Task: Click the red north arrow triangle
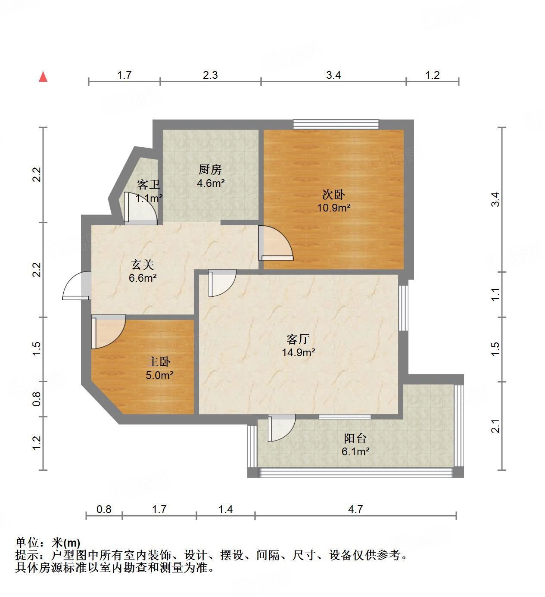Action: pyautogui.click(x=43, y=77)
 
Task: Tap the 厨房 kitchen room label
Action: pyautogui.click(x=210, y=170)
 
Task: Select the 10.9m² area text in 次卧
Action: pyautogui.click(x=334, y=208)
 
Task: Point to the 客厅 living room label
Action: pyautogui.click(x=298, y=339)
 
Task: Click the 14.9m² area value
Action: pyautogui.click(x=299, y=353)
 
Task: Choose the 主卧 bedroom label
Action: pyautogui.click(x=159, y=362)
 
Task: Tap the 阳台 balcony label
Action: pyautogui.click(x=355, y=438)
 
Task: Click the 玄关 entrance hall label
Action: pyautogui.click(x=143, y=264)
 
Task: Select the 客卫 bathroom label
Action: pyautogui.click(x=148, y=185)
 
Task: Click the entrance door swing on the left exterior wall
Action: pyautogui.click(x=76, y=286)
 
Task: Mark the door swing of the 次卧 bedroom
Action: pyautogui.click(x=276, y=244)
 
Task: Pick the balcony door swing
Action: pyautogui.click(x=281, y=428)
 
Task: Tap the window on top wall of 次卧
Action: pyautogui.click(x=336, y=124)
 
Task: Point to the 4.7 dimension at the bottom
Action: pyautogui.click(x=355, y=510)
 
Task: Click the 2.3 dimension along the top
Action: pyautogui.click(x=210, y=75)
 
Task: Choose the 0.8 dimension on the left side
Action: pyautogui.click(x=37, y=398)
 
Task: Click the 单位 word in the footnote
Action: pyautogui.click(x=27, y=543)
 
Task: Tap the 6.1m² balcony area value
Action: pyautogui.click(x=355, y=452)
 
